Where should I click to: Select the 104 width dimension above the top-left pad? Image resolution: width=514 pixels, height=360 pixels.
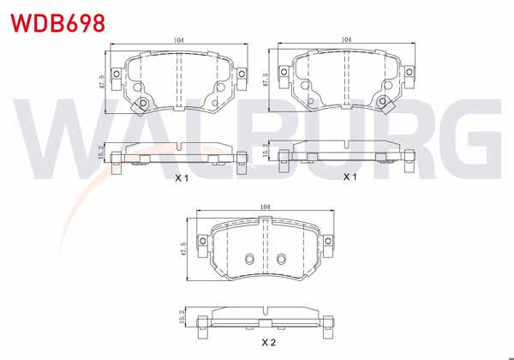click(178, 40)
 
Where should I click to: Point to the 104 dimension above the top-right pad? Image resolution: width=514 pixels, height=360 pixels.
click(346, 40)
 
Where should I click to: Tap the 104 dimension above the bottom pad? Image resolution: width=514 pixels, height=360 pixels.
click(265, 206)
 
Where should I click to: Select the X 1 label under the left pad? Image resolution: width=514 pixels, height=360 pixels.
click(181, 178)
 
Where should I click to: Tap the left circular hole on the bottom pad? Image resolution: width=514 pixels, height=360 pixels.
click(249, 260)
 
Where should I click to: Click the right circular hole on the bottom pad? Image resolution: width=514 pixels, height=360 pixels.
click(280, 260)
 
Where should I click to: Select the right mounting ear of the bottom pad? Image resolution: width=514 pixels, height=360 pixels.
click(326, 243)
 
